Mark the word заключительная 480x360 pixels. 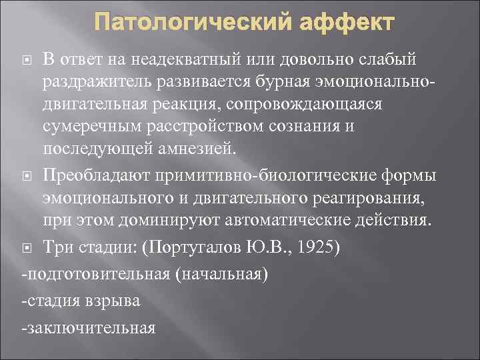click(91, 328)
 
